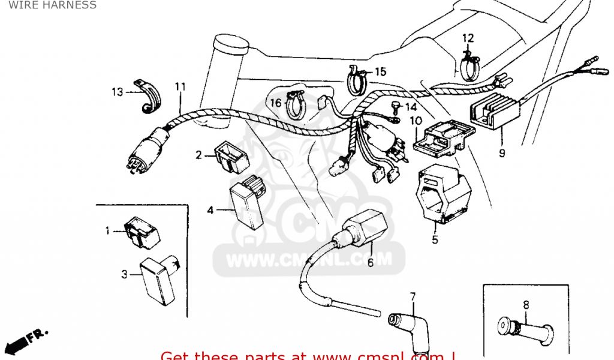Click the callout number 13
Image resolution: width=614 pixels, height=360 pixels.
(x=117, y=92)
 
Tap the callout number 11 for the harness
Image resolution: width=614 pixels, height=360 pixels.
(x=180, y=86)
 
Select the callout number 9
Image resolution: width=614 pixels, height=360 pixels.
(x=501, y=153)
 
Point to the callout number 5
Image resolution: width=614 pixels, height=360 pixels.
(x=435, y=240)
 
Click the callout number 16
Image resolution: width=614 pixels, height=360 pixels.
(x=275, y=103)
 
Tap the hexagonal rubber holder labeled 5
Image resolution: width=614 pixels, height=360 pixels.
(x=443, y=193)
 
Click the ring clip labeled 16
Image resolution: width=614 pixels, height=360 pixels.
(x=295, y=105)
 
